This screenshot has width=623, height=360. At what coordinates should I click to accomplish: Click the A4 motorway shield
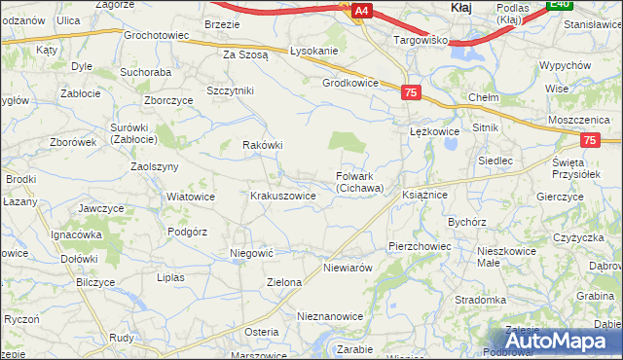361,11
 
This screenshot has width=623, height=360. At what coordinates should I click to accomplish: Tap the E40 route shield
558,5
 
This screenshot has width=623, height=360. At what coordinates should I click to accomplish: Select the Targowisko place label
420,41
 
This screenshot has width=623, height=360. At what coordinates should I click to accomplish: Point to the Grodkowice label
350,84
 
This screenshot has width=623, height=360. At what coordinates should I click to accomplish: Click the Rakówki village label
262,145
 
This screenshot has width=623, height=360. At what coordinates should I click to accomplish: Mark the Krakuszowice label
283,196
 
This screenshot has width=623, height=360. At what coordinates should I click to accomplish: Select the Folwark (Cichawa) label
360,182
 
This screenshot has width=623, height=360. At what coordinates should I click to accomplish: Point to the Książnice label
424,196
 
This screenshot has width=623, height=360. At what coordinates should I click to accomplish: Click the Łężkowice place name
434,130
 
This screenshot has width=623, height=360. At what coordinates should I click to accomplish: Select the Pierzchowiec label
420,247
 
